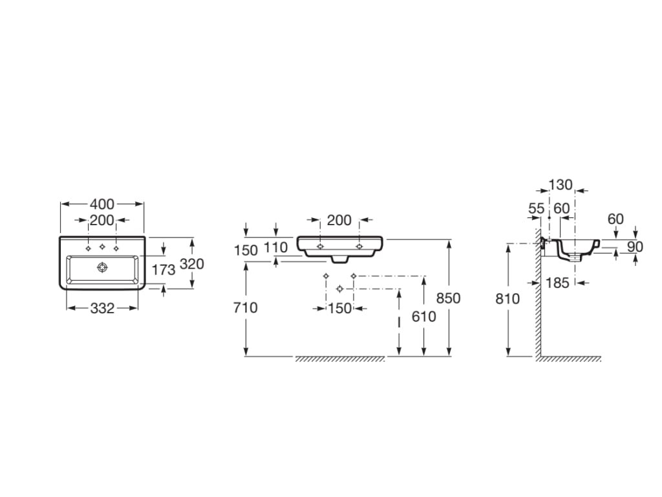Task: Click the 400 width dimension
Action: coord(102,204)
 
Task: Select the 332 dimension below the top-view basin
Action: coord(102,309)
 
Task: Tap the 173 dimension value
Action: coord(164,270)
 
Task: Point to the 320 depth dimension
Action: coord(192,264)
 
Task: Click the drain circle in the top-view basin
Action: coord(102,267)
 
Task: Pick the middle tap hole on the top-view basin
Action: coord(102,247)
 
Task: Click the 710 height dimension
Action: coord(245,307)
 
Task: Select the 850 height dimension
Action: coord(448,298)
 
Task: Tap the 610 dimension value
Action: coord(423,316)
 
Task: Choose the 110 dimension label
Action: coord(275,247)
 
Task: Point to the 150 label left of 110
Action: coord(246,250)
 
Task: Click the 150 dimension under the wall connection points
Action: coord(340,309)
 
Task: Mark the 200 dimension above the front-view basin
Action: coord(339,220)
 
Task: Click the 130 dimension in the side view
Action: coord(561,184)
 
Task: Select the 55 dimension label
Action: coord(537,208)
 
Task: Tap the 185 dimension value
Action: coord(558,283)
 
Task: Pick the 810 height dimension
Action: coord(507,299)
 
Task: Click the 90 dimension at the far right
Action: coord(635,247)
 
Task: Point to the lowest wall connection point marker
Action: coord(340,289)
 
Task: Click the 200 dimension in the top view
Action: coord(102,220)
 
